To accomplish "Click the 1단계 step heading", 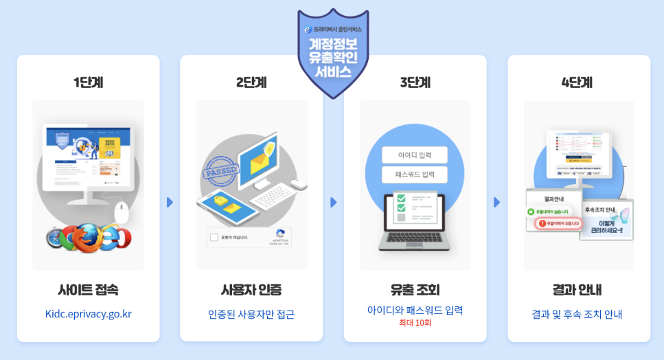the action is pos(88,82).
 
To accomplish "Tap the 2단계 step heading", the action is pos(251,82).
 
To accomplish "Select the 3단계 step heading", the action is pos(415,82).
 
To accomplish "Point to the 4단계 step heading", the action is pos(577,82).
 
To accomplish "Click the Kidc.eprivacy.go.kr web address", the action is pos(88,314).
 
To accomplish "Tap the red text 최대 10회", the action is pos(415,323).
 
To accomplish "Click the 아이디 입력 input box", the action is pos(414,155).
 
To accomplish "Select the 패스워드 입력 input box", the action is pos(414,175).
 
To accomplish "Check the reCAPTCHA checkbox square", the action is pos(214,238).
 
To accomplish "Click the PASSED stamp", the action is pos(221,171).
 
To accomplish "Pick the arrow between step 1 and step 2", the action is pos(170,202).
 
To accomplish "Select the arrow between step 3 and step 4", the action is pos(496,202).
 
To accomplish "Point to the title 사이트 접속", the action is pos(88,289).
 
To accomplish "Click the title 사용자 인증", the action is pos(251,289).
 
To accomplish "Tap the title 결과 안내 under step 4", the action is pos(577,289).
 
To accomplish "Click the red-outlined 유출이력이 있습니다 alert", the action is pos(558,224).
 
